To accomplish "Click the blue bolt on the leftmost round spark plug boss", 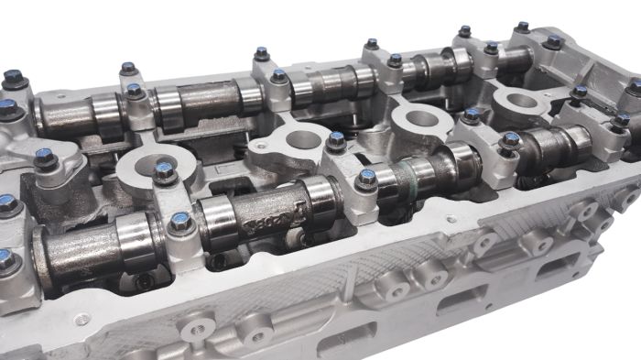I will [x=164, y=169].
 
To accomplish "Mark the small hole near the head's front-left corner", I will [x=84, y=320].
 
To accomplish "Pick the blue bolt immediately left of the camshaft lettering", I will [x=181, y=221].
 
